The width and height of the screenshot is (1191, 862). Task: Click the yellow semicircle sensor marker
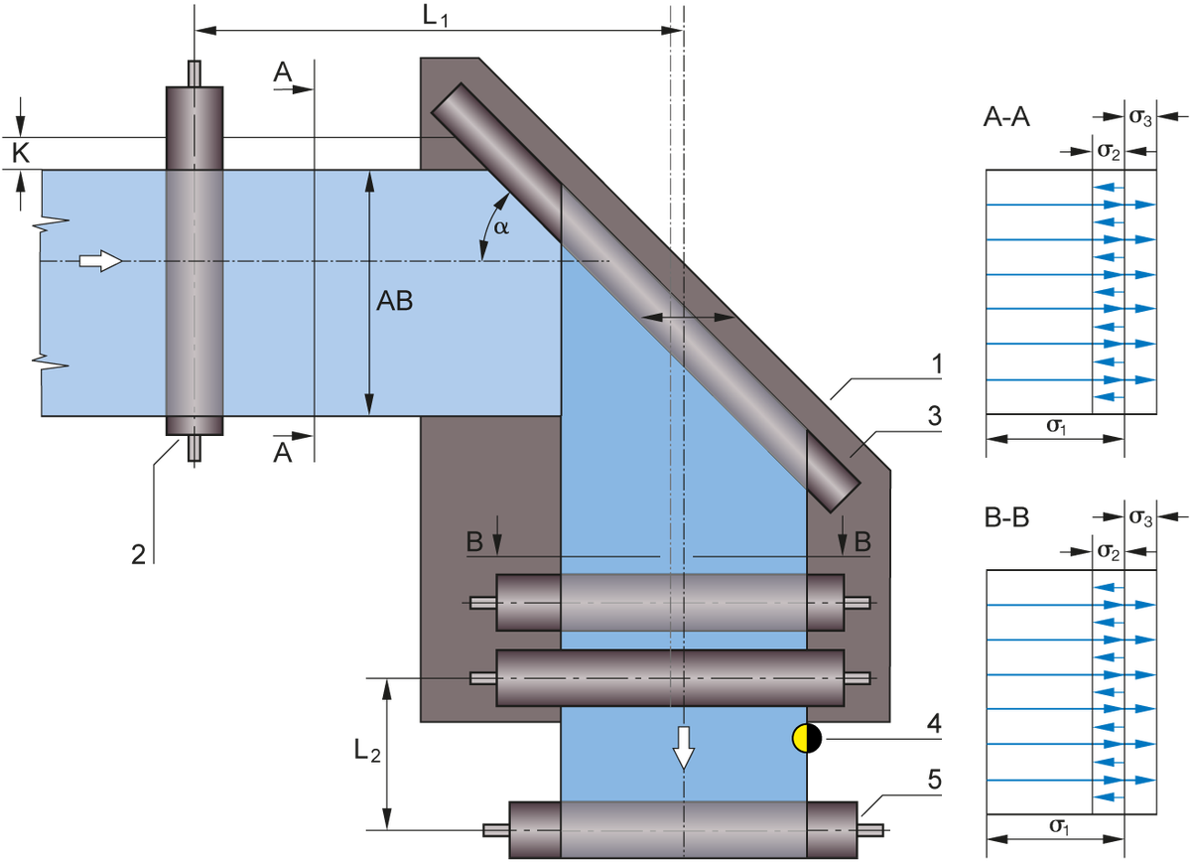pos(799,738)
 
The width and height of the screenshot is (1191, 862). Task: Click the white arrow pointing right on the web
pos(99,261)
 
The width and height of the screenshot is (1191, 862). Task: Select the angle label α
pos(501,227)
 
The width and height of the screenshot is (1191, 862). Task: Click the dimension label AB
pos(394,302)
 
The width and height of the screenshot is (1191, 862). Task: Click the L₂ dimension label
pos(366,754)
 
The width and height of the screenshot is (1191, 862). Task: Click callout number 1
pos(935,365)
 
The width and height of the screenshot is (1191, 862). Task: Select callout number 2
pos(140,554)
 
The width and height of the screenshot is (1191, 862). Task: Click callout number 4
pos(934,723)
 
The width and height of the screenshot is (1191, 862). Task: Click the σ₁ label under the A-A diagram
pos(1056,426)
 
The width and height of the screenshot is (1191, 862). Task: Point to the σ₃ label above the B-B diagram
pos(1141,518)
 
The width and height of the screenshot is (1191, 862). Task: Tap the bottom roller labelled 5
pos(683,828)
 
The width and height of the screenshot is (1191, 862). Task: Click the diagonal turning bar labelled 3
pos(645,294)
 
